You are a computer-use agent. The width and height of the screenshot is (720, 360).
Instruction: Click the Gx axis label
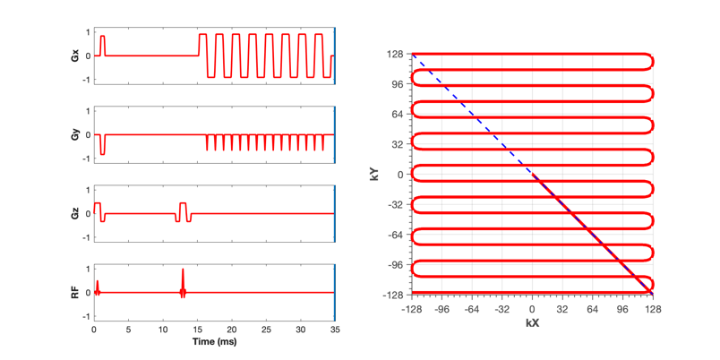click(x=81, y=56)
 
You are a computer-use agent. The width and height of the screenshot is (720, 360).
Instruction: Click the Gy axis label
click(x=81, y=135)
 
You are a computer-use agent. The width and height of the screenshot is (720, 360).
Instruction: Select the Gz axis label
click(x=81, y=213)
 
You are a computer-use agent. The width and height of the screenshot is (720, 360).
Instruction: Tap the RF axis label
click(x=81, y=293)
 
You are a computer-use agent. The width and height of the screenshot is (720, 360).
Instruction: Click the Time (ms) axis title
click(x=214, y=341)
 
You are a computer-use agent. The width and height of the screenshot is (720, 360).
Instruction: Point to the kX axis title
click(x=533, y=323)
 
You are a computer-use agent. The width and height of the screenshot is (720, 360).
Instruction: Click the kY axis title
click(x=373, y=174)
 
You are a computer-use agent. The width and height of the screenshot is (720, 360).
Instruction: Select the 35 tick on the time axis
click(x=335, y=330)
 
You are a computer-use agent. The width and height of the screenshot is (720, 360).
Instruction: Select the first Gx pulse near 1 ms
click(x=102, y=46)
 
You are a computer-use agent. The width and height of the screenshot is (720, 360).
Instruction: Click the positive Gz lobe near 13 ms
click(x=183, y=208)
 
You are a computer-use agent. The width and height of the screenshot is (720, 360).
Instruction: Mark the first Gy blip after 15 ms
click(x=207, y=142)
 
